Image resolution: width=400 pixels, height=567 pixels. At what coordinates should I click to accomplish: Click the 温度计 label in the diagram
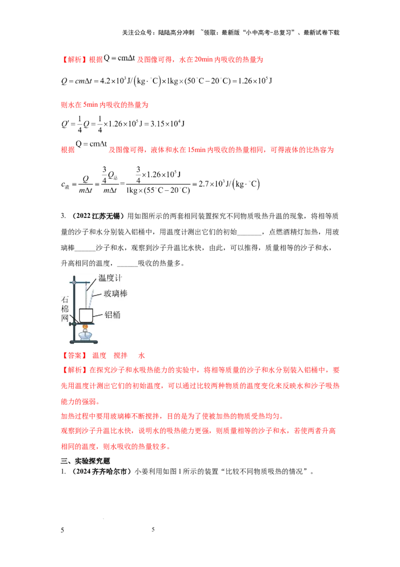click(110, 278)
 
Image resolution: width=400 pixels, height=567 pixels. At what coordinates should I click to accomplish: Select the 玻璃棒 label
click(115, 294)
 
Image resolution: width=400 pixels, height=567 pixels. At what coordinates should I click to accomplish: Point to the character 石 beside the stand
click(65, 300)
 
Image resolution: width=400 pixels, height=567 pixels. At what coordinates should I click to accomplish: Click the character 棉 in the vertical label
click(65, 309)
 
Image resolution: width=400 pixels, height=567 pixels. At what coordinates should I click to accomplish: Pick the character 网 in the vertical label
click(65, 318)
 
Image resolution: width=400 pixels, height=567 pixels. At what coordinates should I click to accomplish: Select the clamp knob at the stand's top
click(74, 282)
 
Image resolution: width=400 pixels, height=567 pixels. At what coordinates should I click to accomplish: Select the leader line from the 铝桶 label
click(98, 315)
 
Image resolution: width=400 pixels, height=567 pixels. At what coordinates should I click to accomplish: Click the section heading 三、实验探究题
click(85, 461)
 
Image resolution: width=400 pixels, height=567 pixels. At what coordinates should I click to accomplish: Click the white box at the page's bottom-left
click(66, 533)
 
